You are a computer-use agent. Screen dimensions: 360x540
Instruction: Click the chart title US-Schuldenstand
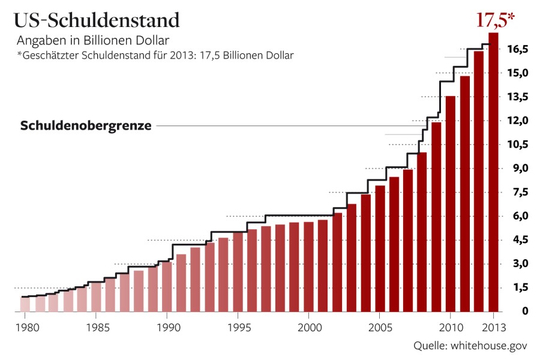97,20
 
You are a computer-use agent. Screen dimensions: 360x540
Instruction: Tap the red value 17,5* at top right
496,20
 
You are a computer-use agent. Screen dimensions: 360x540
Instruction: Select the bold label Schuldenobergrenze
86,126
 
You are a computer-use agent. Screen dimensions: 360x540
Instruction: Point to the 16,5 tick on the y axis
517,49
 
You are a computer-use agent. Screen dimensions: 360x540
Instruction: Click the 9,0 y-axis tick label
517,168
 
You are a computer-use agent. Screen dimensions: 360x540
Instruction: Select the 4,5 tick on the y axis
517,239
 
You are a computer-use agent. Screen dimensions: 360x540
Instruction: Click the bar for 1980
25,304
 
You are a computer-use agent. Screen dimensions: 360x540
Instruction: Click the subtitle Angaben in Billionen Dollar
93,41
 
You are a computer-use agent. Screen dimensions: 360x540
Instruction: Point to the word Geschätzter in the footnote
52,56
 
